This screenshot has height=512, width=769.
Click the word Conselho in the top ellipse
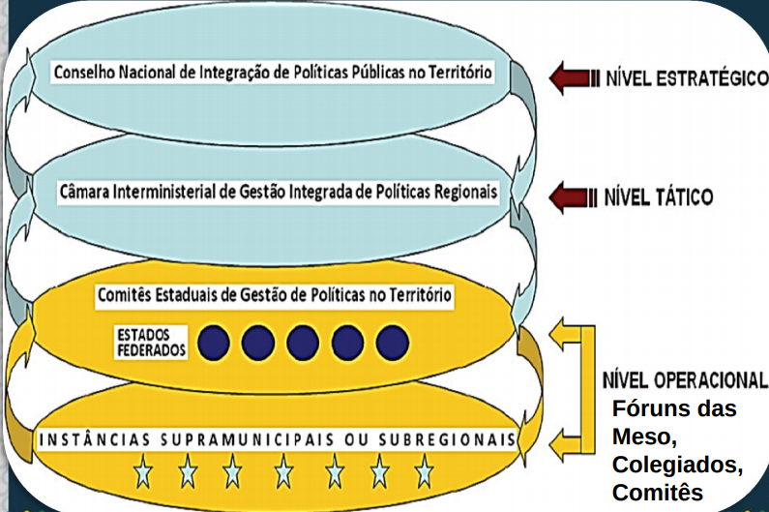point(85,74)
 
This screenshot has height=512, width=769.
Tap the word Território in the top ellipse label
point(459,74)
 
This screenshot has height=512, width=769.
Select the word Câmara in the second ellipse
point(84,192)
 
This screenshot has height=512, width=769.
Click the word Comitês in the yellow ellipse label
point(126,293)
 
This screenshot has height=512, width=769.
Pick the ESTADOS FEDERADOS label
point(150,341)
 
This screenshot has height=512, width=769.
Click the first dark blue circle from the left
point(213,341)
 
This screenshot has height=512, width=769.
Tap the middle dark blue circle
point(303,341)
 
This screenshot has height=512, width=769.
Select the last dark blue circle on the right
point(393,341)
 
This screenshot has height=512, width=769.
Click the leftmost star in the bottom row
point(142,472)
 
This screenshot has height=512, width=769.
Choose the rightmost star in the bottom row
point(424,472)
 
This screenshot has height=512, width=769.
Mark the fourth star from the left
point(283,472)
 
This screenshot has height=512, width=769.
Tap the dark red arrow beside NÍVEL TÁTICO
point(568,197)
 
